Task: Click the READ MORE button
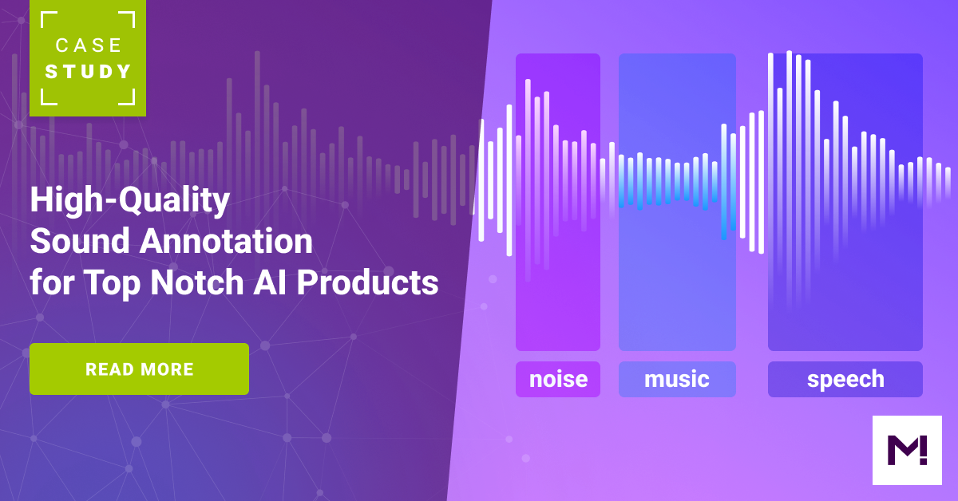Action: click(139, 369)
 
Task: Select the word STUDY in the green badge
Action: click(88, 72)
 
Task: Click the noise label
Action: click(558, 379)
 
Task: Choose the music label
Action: click(677, 379)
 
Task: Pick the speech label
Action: click(845, 379)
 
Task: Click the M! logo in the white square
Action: click(907, 450)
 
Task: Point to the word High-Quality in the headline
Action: click(129, 201)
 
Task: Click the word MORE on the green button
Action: click(167, 369)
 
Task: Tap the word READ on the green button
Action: click(109, 369)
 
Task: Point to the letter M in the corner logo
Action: click(901, 451)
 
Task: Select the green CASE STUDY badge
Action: click(88, 58)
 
